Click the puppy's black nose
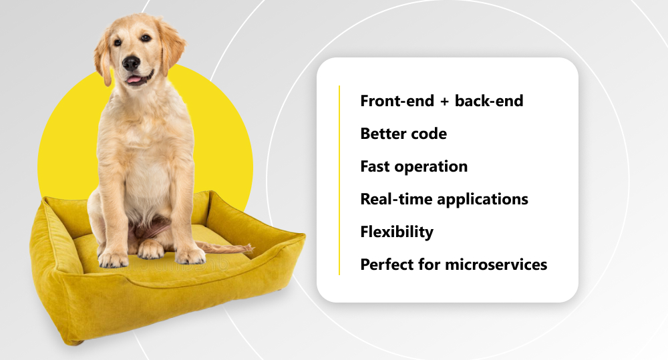click(131, 63)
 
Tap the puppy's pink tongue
click(134, 79)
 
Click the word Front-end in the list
click(397, 101)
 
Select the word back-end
click(489, 101)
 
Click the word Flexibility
click(397, 232)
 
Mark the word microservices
click(496, 264)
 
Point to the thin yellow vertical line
click(339, 180)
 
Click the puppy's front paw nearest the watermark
click(190, 256)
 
